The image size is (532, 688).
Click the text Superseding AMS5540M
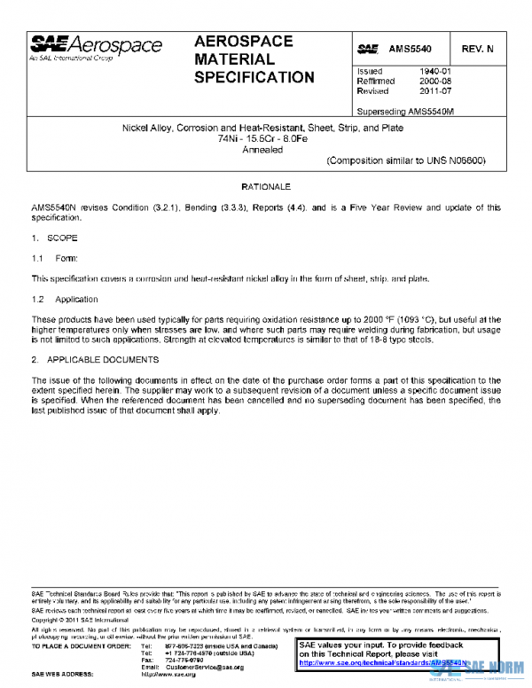coord(409,112)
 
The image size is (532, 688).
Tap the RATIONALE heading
coord(266,188)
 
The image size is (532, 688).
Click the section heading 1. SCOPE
coord(55,239)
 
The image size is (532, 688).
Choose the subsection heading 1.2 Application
coord(65,300)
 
